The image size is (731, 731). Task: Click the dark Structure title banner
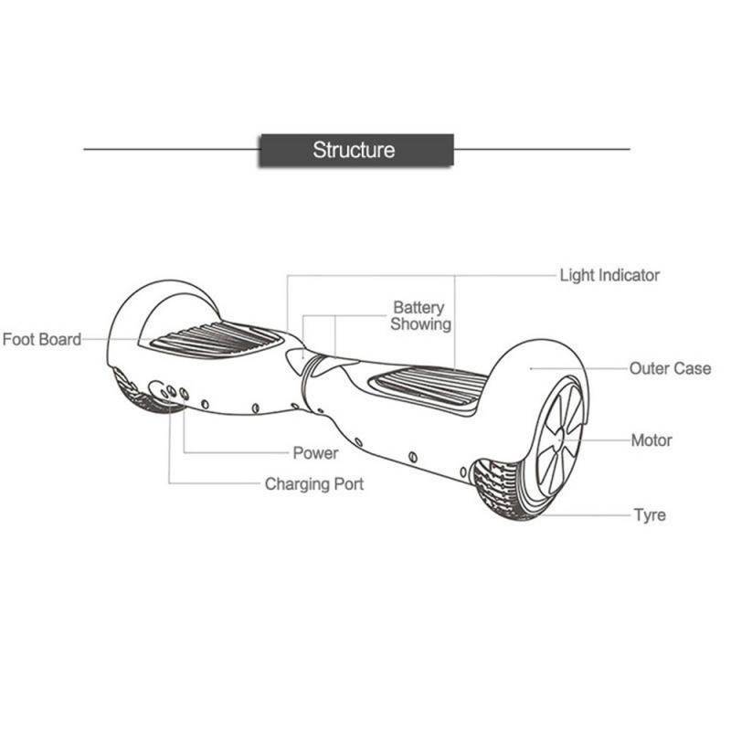[355, 150]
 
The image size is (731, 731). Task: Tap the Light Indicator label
[609, 275]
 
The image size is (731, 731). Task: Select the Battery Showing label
[421, 315]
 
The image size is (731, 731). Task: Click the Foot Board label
[42, 340]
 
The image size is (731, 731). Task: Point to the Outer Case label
[670, 368]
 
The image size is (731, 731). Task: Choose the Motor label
[652, 440]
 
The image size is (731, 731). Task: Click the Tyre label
[650, 515]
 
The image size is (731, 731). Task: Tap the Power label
[315, 453]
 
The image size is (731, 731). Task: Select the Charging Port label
[314, 484]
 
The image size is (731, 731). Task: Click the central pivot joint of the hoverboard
[311, 365]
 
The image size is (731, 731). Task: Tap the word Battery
[418, 307]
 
